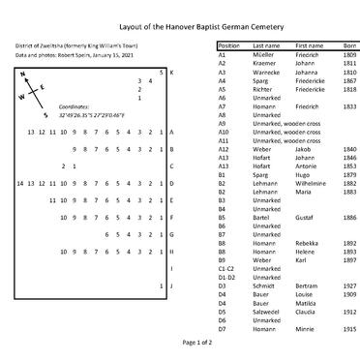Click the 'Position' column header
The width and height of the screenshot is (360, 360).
[x=229, y=45]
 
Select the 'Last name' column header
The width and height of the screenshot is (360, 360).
[x=266, y=45]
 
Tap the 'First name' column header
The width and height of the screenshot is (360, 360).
[x=310, y=45]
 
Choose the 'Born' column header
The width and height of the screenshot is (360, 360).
[x=349, y=45]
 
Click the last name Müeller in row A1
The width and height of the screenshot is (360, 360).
[x=264, y=56]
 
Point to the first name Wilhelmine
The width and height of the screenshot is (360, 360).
[x=314, y=183]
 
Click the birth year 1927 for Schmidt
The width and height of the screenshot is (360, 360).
[x=349, y=286]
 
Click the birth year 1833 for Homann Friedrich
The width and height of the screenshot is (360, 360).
[x=349, y=106]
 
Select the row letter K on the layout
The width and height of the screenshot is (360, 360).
[x=171, y=73]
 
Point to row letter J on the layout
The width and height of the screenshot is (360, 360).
[x=171, y=286]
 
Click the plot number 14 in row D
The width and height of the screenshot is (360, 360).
[x=20, y=183]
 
